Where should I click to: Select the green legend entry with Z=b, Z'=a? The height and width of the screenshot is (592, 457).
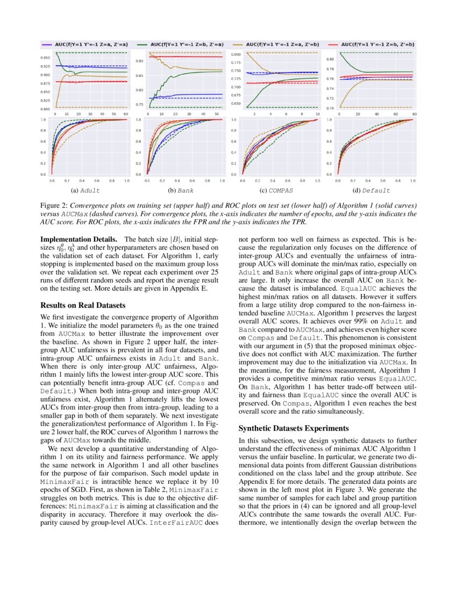point(183,44)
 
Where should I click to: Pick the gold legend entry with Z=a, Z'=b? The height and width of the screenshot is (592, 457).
point(277,44)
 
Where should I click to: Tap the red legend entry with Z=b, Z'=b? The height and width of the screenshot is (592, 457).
point(371,44)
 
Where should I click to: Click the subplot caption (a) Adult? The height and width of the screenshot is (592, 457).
point(85,191)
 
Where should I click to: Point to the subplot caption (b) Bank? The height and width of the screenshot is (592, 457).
point(179,191)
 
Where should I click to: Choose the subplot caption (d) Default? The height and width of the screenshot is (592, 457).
point(372,191)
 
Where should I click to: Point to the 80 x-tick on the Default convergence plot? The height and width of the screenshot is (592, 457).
point(414,115)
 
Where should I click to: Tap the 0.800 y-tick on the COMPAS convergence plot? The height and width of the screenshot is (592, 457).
point(235,55)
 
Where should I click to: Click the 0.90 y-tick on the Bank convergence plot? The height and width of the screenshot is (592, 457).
point(140,61)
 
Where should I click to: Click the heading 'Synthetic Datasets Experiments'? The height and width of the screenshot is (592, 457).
point(294,428)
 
